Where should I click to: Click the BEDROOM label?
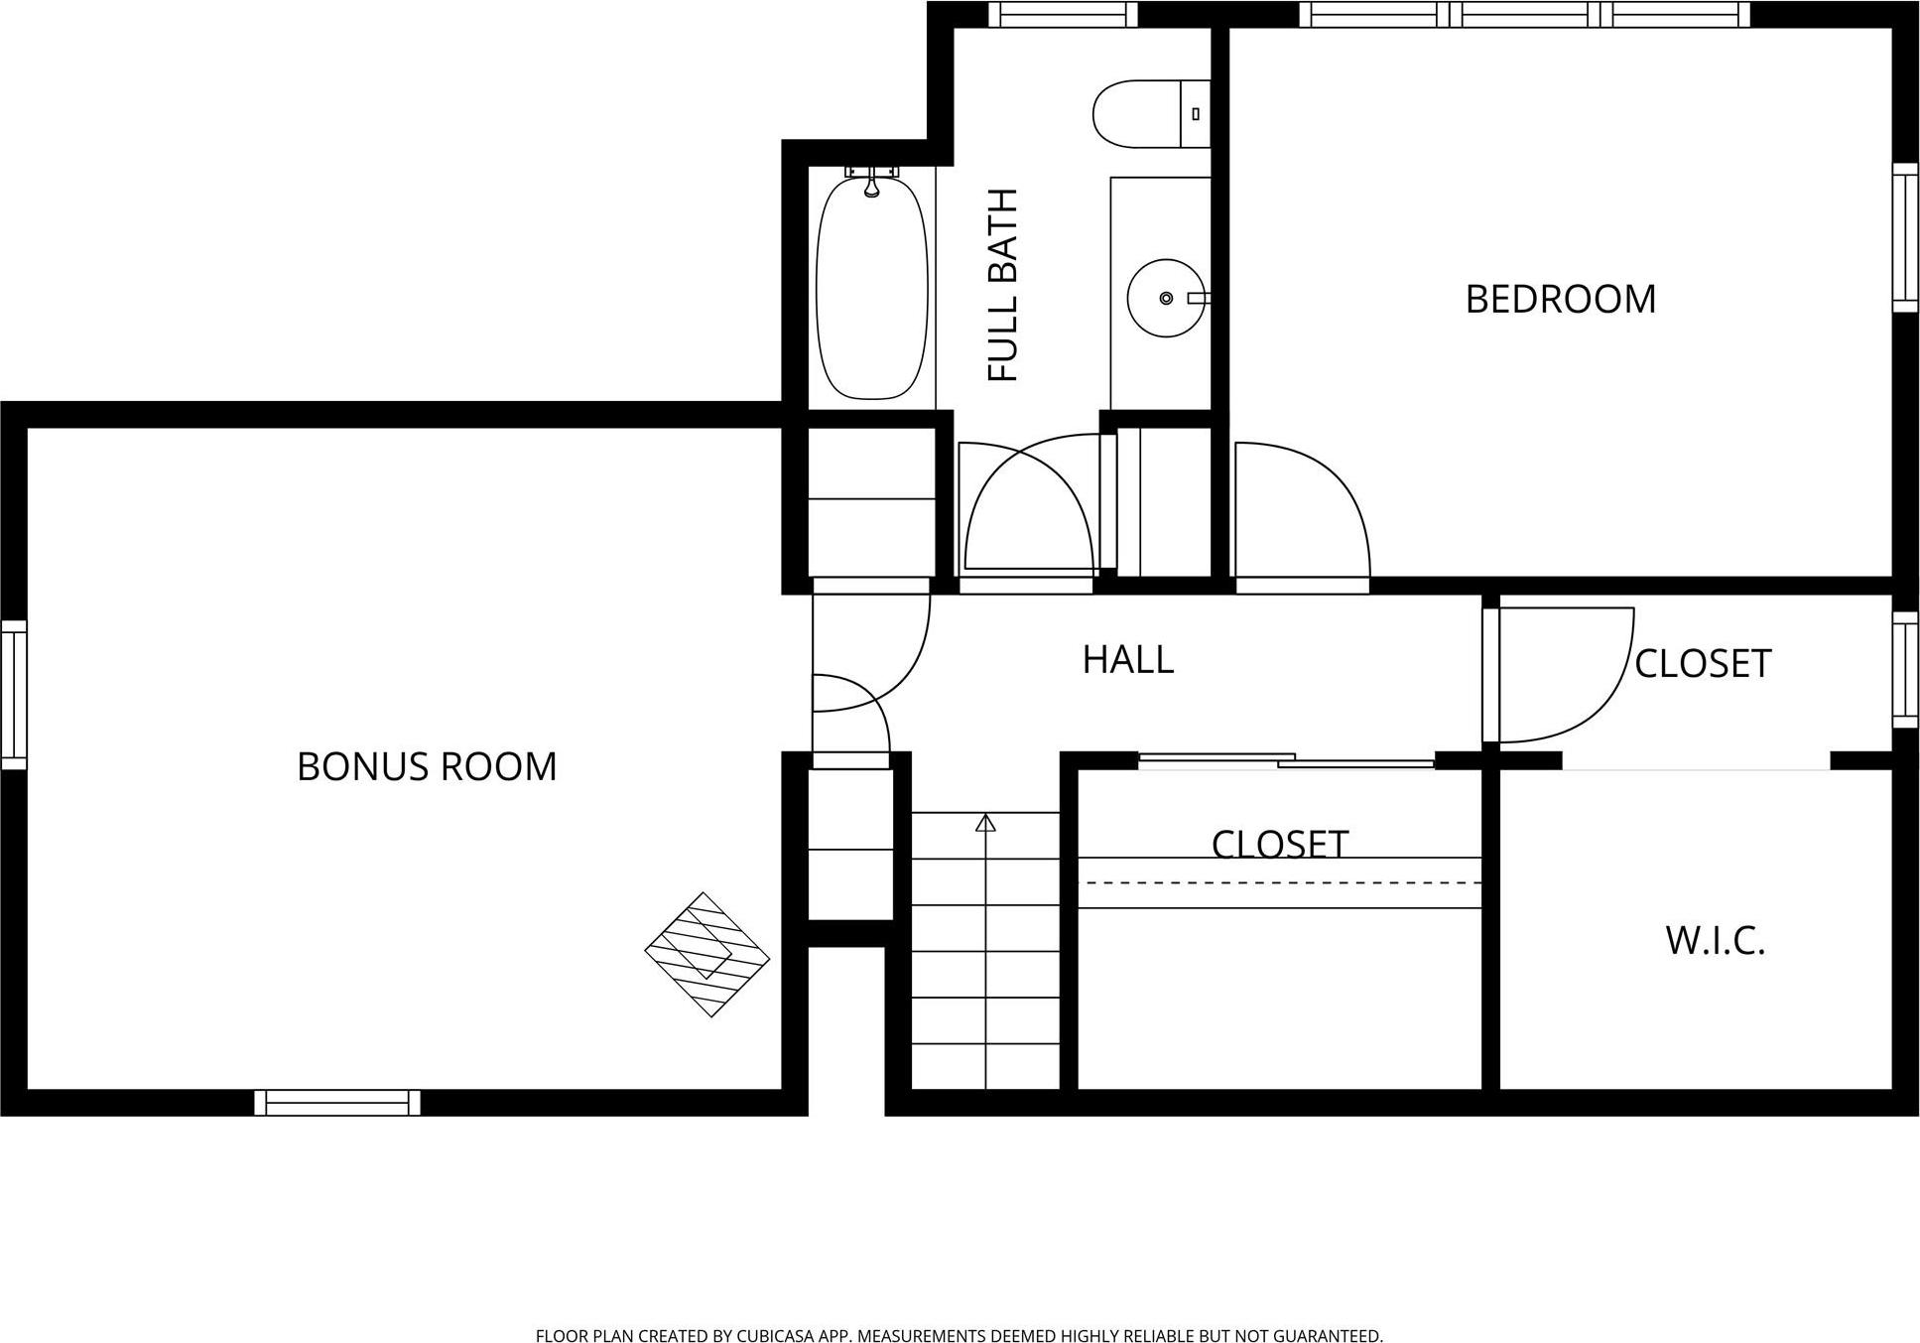click(x=1560, y=299)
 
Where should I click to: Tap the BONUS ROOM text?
click(x=427, y=766)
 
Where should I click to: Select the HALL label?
click(x=1127, y=659)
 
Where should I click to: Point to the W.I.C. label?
click(x=1715, y=940)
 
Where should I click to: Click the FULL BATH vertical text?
click(x=1003, y=285)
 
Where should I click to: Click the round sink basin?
click(x=1165, y=298)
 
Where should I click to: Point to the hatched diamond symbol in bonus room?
click(x=706, y=954)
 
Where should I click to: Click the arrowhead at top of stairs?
click(x=985, y=823)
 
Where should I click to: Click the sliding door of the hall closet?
click(x=1285, y=761)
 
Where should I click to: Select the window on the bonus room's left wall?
click(x=13, y=695)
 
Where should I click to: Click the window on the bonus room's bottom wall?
click(x=337, y=1103)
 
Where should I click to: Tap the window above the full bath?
click(x=1063, y=14)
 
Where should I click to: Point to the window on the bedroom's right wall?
click(x=1905, y=237)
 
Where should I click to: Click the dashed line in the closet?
click(x=1279, y=882)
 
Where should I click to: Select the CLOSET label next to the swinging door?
click(x=1702, y=664)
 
